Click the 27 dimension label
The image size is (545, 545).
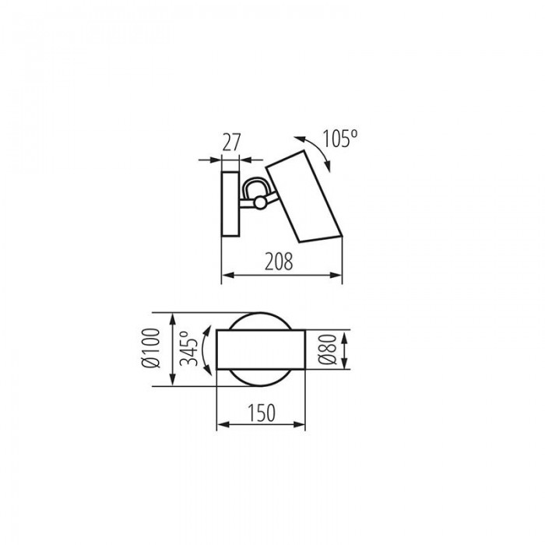tap(231, 142)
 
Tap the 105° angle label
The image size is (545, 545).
tap(340, 139)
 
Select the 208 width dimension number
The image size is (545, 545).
tap(279, 262)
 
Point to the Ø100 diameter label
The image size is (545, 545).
tap(152, 348)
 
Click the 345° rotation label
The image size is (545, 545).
tap(189, 348)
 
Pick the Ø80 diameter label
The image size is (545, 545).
tap(328, 350)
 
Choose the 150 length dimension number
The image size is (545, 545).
tap(262, 413)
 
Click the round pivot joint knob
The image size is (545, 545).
tap(259, 202)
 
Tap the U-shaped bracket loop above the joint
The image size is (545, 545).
tap(254, 185)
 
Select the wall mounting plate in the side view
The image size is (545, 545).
tap(230, 204)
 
